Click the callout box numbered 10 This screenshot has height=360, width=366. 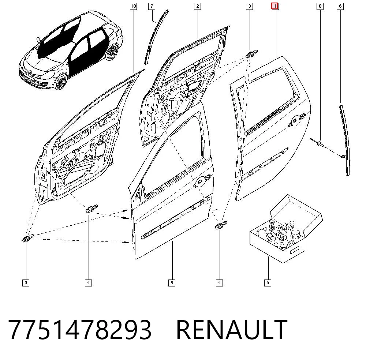tap(133, 6)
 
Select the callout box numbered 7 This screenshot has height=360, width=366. tap(152, 6)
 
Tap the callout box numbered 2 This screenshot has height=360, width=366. tap(198, 6)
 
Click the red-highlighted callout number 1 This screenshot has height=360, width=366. tap(275, 6)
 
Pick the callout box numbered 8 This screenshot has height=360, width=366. tap(320, 6)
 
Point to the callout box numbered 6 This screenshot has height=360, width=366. tap(340, 6)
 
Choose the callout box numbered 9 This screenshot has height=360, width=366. tap(172, 283)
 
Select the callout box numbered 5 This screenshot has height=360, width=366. tap(268, 283)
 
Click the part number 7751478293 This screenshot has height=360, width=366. tap(80, 330)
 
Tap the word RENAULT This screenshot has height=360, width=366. tap(232, 330)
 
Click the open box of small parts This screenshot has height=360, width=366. tap(286, 229)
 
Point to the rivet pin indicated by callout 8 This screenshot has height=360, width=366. tap(317, 143)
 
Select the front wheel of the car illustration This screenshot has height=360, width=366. tap(61, 82)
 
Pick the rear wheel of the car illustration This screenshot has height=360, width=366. tap(112, 52)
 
